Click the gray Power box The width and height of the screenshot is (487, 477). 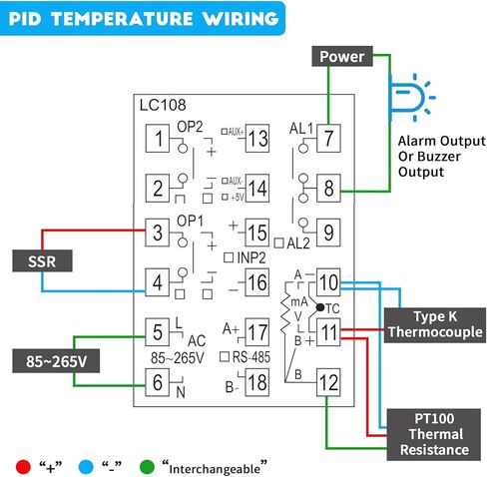342,57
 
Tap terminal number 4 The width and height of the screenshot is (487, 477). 157,283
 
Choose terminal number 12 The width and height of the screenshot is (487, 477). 328,379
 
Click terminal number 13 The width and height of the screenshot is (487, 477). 256,139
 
